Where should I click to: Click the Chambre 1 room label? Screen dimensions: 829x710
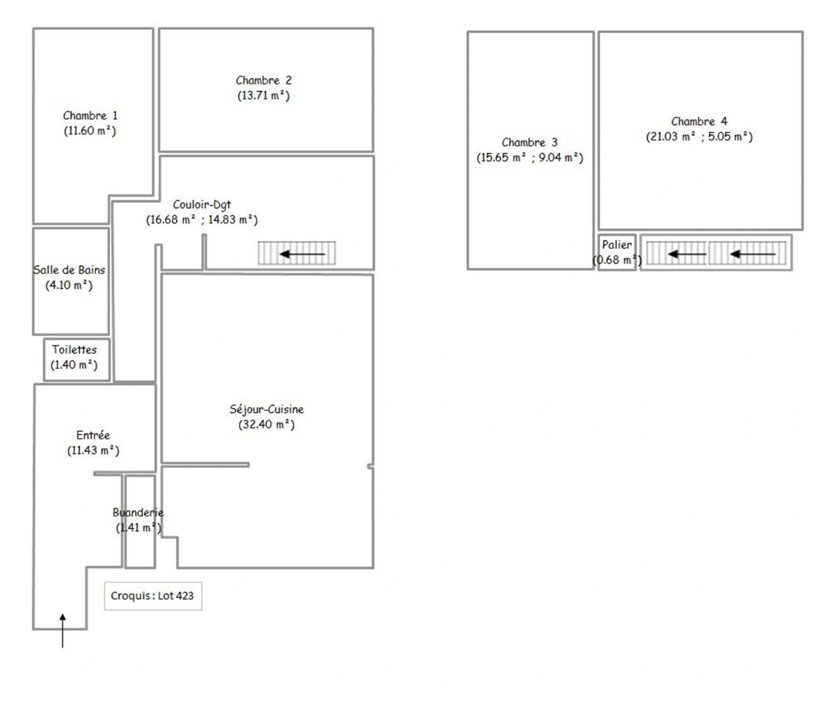90,116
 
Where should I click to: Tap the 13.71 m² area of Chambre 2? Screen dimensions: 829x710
263,96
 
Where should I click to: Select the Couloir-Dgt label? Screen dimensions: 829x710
202,205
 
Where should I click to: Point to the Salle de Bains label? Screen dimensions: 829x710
69,270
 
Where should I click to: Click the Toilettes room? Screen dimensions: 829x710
77,360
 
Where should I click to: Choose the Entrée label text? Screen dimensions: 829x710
93,435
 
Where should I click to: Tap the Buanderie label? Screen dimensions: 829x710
138,513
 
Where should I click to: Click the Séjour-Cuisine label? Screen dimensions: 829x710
266,409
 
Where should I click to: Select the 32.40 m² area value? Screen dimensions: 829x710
266,424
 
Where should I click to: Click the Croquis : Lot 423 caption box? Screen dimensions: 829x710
153,596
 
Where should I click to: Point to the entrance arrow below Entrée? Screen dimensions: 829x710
63,630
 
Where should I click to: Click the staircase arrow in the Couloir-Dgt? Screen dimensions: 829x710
302,254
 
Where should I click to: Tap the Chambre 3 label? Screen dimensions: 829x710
529,143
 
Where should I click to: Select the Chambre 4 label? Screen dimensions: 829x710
699,121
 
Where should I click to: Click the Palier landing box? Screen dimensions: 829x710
617,252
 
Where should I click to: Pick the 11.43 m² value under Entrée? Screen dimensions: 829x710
93,450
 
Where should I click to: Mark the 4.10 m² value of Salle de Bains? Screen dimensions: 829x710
69,285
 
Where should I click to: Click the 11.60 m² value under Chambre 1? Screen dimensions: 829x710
90,131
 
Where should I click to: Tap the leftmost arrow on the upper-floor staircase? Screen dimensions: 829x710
687,254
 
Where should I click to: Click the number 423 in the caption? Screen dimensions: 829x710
184,596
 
